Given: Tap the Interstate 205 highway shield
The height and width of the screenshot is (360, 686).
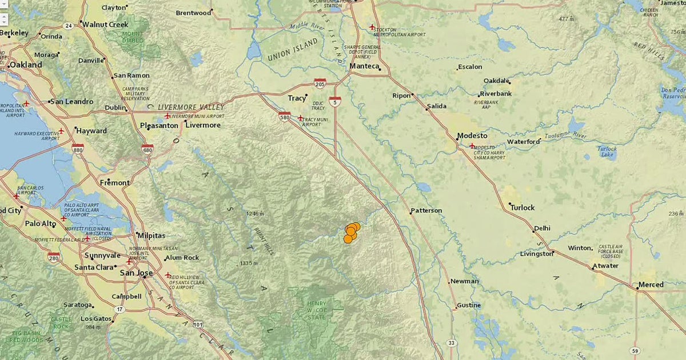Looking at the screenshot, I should pyautogui.click(x=320, y=83).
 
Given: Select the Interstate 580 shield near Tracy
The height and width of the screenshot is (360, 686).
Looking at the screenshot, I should pyautogui.click(x=285, y=117).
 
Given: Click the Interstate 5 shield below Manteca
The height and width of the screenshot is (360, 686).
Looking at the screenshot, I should pyautogui.click(x=335, y=101).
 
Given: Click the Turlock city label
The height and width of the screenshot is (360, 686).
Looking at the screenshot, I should pyautogui.click(x=523, y=207).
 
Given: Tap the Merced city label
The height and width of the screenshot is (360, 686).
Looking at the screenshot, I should pyautogui.click(x=652, y=285).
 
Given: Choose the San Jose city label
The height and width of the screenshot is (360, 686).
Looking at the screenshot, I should pyautogui.click(x=136, y=273).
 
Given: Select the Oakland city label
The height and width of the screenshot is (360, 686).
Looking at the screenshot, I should pyautogui.click(x=25, y=65).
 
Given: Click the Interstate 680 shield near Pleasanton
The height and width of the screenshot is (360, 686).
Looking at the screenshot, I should pyautogui.click(x=147, y=149).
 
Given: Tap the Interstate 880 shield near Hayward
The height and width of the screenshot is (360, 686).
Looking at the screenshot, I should pyautogui.click(x=78, y=149).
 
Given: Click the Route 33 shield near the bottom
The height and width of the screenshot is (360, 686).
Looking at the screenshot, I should pyautogui.click(x=452, y=343).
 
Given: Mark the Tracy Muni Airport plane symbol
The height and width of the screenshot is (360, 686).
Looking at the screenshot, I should pyautogui.click(x=301, y=118).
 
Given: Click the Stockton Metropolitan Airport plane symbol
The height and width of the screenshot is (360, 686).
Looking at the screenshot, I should pyautogui.click(x=372, y=27).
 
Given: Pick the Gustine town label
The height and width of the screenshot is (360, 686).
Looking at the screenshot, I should pyautogui.click(x=469, y=306).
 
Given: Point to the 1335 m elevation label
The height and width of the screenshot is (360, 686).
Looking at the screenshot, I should pyautogui.click(x=250, y=263).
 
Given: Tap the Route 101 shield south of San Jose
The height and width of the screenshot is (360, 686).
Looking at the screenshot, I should pyautogui.click(x=198, y=325).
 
